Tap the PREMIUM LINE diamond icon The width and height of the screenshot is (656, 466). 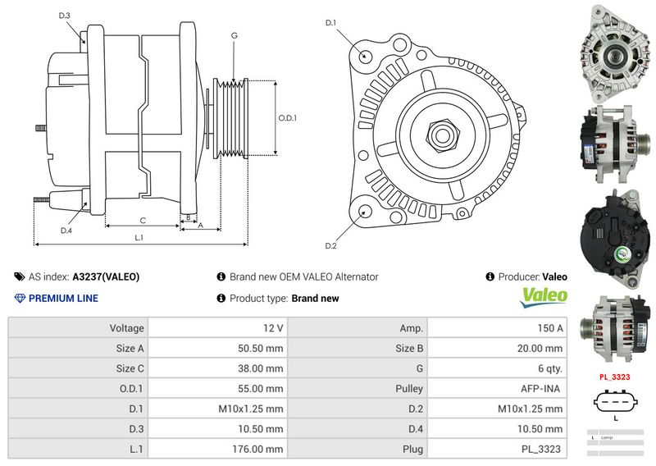click(x=20, y=298)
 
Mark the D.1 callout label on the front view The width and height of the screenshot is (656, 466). click(x=331, y=22)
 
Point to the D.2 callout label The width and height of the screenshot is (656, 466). click(x=331, y=245)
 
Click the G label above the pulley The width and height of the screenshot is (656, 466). click(x=235, y=35)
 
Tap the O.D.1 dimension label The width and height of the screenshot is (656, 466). click(x=287, y=118)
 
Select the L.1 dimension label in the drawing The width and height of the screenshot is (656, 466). click(x=139, y=237)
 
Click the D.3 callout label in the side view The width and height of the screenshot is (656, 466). click(x=65, y=16)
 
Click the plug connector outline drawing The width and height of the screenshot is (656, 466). click(x=615, y=403)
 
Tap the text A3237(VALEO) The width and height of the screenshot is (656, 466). click(x=106, y=277)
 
